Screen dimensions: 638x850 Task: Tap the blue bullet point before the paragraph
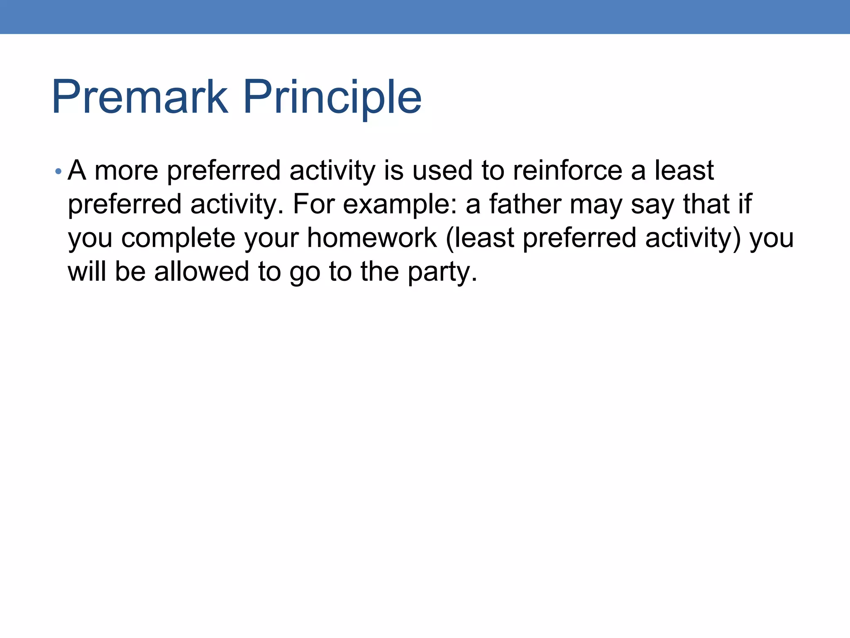point(59,171)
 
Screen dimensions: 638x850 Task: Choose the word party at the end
point(442,272)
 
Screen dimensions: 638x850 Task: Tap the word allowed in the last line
point(202,272)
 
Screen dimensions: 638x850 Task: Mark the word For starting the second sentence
point(314,204)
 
